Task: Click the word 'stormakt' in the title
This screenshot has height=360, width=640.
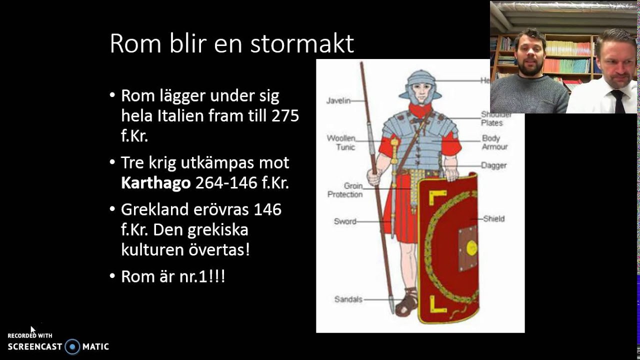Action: pos(302,44)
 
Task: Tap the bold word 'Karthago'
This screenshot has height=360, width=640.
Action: pos(155,183)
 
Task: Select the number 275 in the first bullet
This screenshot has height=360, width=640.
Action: pos(285,116)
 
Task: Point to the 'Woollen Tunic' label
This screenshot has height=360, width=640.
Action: pos(341,142)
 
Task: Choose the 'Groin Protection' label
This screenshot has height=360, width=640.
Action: pos(345,190)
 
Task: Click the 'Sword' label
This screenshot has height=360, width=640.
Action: pos(345,221)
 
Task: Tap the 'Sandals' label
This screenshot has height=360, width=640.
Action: pos(348,299)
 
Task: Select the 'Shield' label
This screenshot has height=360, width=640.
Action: pos(493,218)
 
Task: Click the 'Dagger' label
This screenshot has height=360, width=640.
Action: pos(493,165)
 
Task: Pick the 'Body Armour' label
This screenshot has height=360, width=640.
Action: pos(494,142)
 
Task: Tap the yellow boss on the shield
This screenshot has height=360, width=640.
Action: pos(471,247)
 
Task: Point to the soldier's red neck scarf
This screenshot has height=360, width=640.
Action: pos(420,111)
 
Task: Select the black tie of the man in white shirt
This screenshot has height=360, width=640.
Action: pos(617,100)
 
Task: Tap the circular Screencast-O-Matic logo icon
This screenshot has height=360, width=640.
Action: pos(72,346)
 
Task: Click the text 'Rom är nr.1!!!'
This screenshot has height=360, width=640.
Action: pos(173,276)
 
